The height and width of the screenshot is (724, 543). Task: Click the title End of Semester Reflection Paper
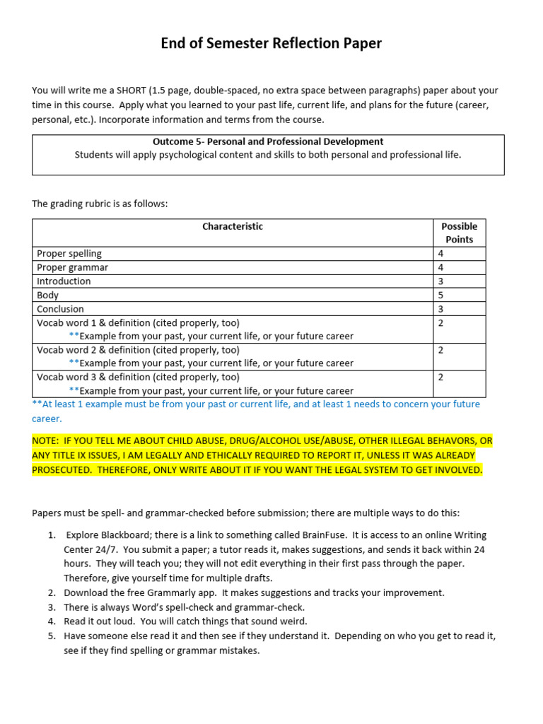(271, 44)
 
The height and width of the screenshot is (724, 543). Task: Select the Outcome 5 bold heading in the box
(268, 141)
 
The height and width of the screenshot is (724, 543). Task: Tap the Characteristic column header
(233, 226)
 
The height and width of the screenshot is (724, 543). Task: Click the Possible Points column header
(459, 233)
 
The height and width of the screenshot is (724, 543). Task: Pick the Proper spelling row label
(69, 253)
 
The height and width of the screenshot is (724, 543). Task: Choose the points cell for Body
(440, 295)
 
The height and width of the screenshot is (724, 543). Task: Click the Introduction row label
(64, 281)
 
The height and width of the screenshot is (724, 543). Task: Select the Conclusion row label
(60, 309)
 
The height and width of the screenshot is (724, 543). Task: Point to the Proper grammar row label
(72, 267)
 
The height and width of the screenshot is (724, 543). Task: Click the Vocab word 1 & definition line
(138, 322)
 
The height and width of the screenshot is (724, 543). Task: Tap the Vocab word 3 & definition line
(138, 378)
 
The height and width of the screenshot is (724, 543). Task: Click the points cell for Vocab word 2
(440, 350)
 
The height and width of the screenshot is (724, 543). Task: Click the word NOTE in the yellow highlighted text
(47, 440)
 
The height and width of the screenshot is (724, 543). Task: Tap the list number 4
(52, 621)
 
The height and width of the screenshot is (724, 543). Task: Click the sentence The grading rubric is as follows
(100, 204)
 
